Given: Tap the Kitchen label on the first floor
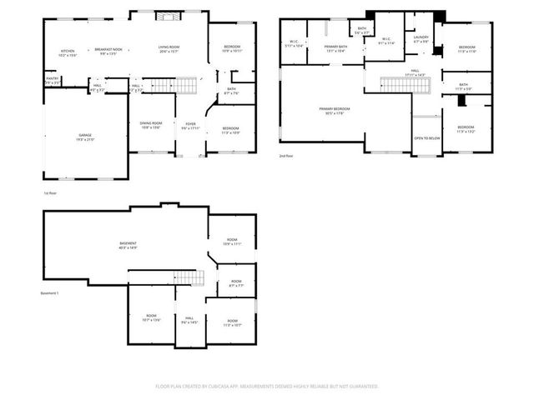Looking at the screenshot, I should tap(68, 52).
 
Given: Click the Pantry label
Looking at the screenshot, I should tap(52, 81).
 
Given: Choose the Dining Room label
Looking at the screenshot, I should tap(150, 126).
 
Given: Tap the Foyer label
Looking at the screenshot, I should tap(191, 126).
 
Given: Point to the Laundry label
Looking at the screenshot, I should tap(421, 38).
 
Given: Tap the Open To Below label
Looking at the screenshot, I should tap(427, 138).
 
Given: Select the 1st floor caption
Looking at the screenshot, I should tap(51, 192).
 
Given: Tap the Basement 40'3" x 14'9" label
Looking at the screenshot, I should tap(128, 246).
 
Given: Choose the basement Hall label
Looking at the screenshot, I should tap(189, 319).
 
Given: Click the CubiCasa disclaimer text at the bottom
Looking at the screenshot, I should tap(267, 386).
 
